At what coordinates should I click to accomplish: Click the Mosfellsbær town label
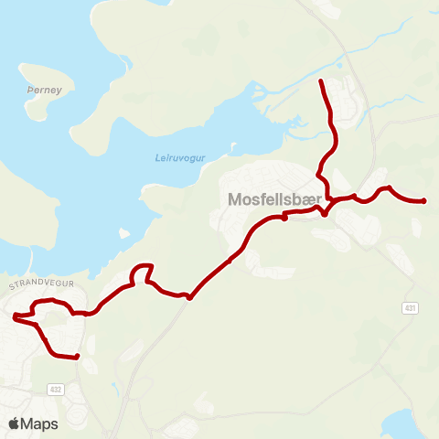point(273,198)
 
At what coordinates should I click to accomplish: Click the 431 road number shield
point(411,308)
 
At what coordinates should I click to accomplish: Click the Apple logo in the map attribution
point(15,423)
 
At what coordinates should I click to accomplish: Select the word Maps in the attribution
point(42,423)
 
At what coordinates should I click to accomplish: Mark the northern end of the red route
point(321,82)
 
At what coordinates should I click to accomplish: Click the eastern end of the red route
point(424,201)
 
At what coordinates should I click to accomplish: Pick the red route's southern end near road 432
point(77,357)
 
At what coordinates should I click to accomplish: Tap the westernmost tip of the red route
point(15,317)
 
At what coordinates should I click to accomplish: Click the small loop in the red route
point(141,273)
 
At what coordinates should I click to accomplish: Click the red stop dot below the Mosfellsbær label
point(284,218)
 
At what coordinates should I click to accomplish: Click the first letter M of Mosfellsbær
point(233,198)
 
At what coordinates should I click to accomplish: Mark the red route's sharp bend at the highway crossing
point(189,297)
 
